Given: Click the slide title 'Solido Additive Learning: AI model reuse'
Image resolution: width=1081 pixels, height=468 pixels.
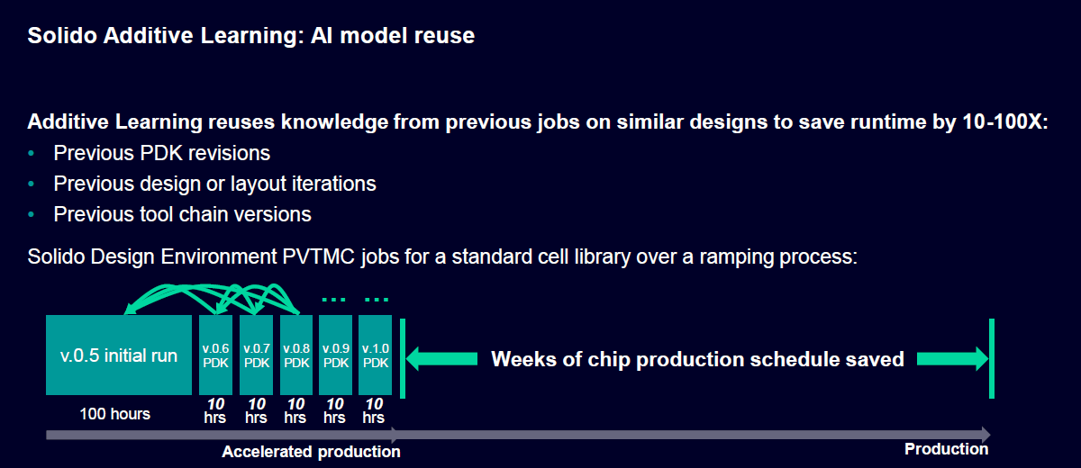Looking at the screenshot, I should pos(250,37).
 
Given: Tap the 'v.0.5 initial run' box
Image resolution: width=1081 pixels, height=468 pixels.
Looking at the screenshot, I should pos(119,355).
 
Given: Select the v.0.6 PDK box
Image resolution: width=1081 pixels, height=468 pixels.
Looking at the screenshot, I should pos(216,355).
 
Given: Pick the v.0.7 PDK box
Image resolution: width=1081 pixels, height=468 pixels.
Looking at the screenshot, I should pos(256,355).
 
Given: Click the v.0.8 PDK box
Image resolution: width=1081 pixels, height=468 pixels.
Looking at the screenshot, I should pos(296,355).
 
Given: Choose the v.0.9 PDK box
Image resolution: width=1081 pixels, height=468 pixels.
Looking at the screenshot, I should pos(335,355).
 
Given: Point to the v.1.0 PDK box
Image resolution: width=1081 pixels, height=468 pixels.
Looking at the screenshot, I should pos(375,355).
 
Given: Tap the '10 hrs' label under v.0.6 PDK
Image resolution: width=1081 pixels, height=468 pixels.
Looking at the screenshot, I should pos(216,411).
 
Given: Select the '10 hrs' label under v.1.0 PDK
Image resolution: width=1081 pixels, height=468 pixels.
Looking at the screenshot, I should pos(375,411).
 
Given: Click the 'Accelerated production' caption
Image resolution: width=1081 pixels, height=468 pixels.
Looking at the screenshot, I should pos(311,452).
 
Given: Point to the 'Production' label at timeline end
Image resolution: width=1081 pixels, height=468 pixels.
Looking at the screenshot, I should pos(946,449).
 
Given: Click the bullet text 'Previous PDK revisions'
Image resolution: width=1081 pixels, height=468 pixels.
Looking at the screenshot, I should pos(161,153).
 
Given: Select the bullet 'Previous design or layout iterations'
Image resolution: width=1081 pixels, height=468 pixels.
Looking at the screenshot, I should pos(214,184).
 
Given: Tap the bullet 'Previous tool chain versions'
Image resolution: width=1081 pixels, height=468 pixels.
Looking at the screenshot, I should pos(182,214).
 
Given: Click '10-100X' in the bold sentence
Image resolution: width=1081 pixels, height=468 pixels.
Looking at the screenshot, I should pos(1000,122).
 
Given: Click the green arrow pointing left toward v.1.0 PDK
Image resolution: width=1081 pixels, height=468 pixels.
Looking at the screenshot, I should pos(441,359).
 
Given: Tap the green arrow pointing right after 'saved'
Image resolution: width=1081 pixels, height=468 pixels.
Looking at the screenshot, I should pos(952,359).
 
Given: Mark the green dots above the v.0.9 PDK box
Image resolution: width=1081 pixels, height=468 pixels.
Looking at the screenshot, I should pos(335,301).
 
